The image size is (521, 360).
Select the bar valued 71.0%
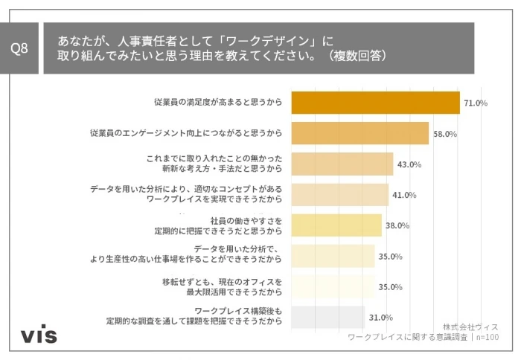375,103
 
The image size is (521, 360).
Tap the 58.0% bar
359,133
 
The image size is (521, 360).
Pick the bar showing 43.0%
342,164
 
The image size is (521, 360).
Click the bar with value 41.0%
339,195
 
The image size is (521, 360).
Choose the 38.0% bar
336,225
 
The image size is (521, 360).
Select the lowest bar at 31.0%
327,317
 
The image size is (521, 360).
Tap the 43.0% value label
409,164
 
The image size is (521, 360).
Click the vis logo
38,335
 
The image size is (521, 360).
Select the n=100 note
487,338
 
